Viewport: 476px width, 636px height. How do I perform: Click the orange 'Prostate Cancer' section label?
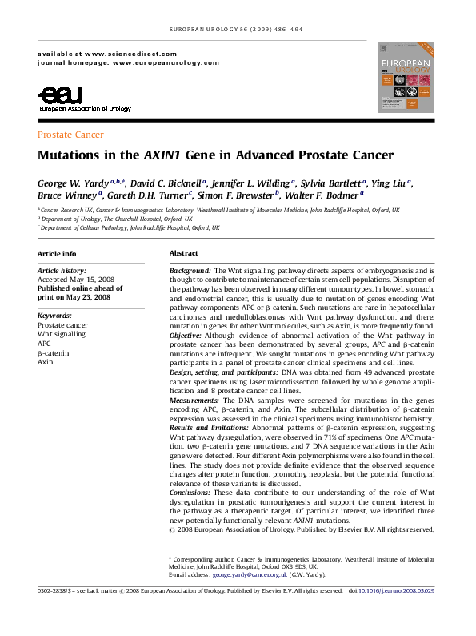[70, 135]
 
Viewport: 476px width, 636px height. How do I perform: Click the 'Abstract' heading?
[183, 253]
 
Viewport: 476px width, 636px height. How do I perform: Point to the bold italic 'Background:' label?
[190, 272]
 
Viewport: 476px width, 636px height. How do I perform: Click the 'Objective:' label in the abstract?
[188, 336]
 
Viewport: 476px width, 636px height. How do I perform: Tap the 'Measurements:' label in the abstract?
[194, 400]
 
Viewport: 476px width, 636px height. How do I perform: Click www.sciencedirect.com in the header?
[121, 51]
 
